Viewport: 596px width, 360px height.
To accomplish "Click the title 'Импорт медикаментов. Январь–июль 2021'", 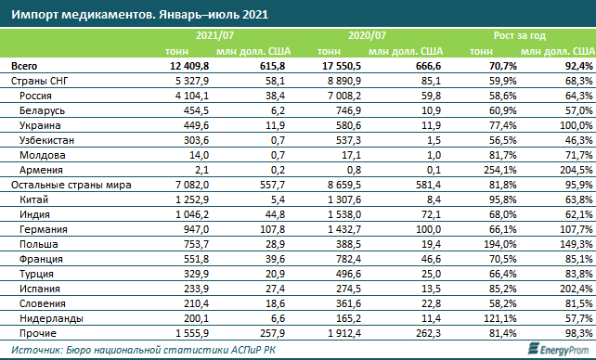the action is (139, 15).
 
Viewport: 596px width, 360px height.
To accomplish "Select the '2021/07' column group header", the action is (214, 35).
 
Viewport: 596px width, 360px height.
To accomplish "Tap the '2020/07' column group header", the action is (367, 35).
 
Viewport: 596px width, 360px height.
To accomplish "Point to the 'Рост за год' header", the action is (520, 35).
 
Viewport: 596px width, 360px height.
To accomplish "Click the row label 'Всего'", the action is (24, 66).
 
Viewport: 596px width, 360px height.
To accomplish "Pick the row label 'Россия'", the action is (35, 96).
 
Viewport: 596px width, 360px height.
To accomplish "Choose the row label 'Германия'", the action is (44, 229).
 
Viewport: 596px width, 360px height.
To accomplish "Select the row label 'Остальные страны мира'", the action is (71, 185).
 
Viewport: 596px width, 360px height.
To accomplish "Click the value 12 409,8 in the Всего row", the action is (189, 66).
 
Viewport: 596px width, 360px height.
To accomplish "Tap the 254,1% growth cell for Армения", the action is (499, 170).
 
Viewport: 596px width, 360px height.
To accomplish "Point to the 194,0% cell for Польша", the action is (499, 244).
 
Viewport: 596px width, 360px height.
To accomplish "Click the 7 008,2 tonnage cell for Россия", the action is (344, 96).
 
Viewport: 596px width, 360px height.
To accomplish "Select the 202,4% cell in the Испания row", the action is (577, 289).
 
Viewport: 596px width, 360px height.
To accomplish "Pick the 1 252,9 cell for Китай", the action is (192, 199).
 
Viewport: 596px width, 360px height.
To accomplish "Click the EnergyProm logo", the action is (560, 349).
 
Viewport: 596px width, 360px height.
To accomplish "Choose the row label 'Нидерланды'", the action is (51, 318).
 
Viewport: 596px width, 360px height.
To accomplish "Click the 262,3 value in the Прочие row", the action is (428, 333).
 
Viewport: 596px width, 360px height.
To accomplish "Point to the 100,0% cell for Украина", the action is (577, 125).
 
